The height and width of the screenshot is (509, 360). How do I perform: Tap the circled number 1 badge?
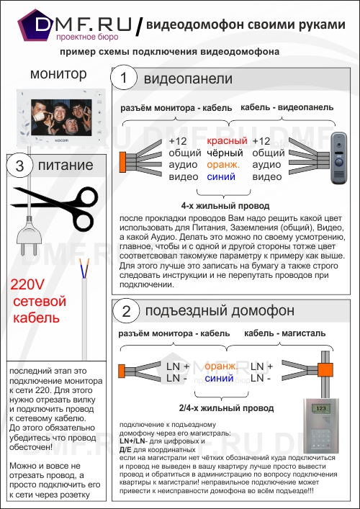tap(125, 78)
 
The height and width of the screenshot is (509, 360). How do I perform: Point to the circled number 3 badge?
tap(20, 166)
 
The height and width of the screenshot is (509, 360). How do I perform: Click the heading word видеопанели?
tap(187, 78)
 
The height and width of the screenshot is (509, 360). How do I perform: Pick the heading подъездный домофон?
tap(220, 311)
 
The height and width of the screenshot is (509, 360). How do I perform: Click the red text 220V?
tap(27, 284)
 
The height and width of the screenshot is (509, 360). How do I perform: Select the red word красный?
tap(227, 141)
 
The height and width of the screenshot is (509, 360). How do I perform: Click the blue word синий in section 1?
tap(221, 176)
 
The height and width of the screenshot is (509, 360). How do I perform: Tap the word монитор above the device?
tap(58, 73)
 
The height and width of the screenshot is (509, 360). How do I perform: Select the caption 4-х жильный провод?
tap(215, 204)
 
